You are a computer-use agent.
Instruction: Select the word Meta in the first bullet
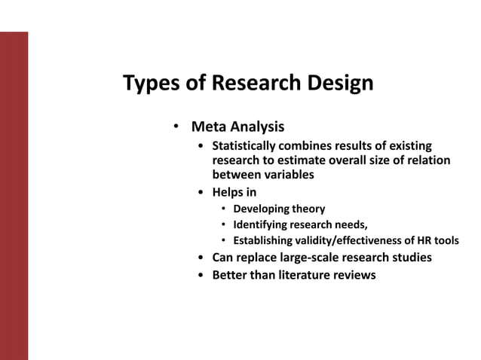(x=208, y=126)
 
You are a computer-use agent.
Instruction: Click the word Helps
(x=228, y=192)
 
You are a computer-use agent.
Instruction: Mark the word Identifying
(x=264, y=224)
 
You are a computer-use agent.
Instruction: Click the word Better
(x=231, y=275)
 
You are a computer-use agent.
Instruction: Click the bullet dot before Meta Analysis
(x=175, y=126)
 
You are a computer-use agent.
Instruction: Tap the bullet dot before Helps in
(x=200, y=192)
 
